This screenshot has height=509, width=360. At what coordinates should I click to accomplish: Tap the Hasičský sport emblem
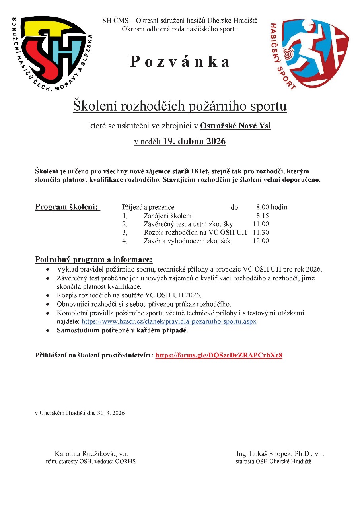(x=310, y=53)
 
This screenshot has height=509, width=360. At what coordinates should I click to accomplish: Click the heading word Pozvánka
(x=180, y=62)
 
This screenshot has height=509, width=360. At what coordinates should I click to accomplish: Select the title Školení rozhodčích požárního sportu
(x=179, y=106)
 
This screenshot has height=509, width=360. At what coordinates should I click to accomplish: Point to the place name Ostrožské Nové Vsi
(x=235, y=126)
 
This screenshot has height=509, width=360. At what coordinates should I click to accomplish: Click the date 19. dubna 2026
(x=195, y=142)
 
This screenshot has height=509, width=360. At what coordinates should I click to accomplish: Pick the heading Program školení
(x=67, y=207)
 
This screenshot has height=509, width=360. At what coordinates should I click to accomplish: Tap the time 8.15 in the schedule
(x=263, y=216)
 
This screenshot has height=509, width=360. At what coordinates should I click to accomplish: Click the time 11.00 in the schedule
(x=261, y=224)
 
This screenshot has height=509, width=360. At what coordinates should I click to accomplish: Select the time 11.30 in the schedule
(x=261, y=232)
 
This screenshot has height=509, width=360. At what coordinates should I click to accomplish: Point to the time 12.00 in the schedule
(x=261, y=241)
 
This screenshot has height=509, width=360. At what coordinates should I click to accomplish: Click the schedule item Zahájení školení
(x=167, y=216)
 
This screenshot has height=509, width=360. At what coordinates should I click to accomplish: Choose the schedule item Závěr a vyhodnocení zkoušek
(x=187, y=241)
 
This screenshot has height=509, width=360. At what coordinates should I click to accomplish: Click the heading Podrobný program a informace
(x=93, y=260)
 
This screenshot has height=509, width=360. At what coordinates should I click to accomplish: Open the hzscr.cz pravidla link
(x=169, y=321)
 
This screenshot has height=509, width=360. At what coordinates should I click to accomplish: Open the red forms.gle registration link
(x=218, y=355)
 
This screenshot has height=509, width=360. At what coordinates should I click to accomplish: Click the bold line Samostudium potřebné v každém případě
(x=122, y=330)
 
